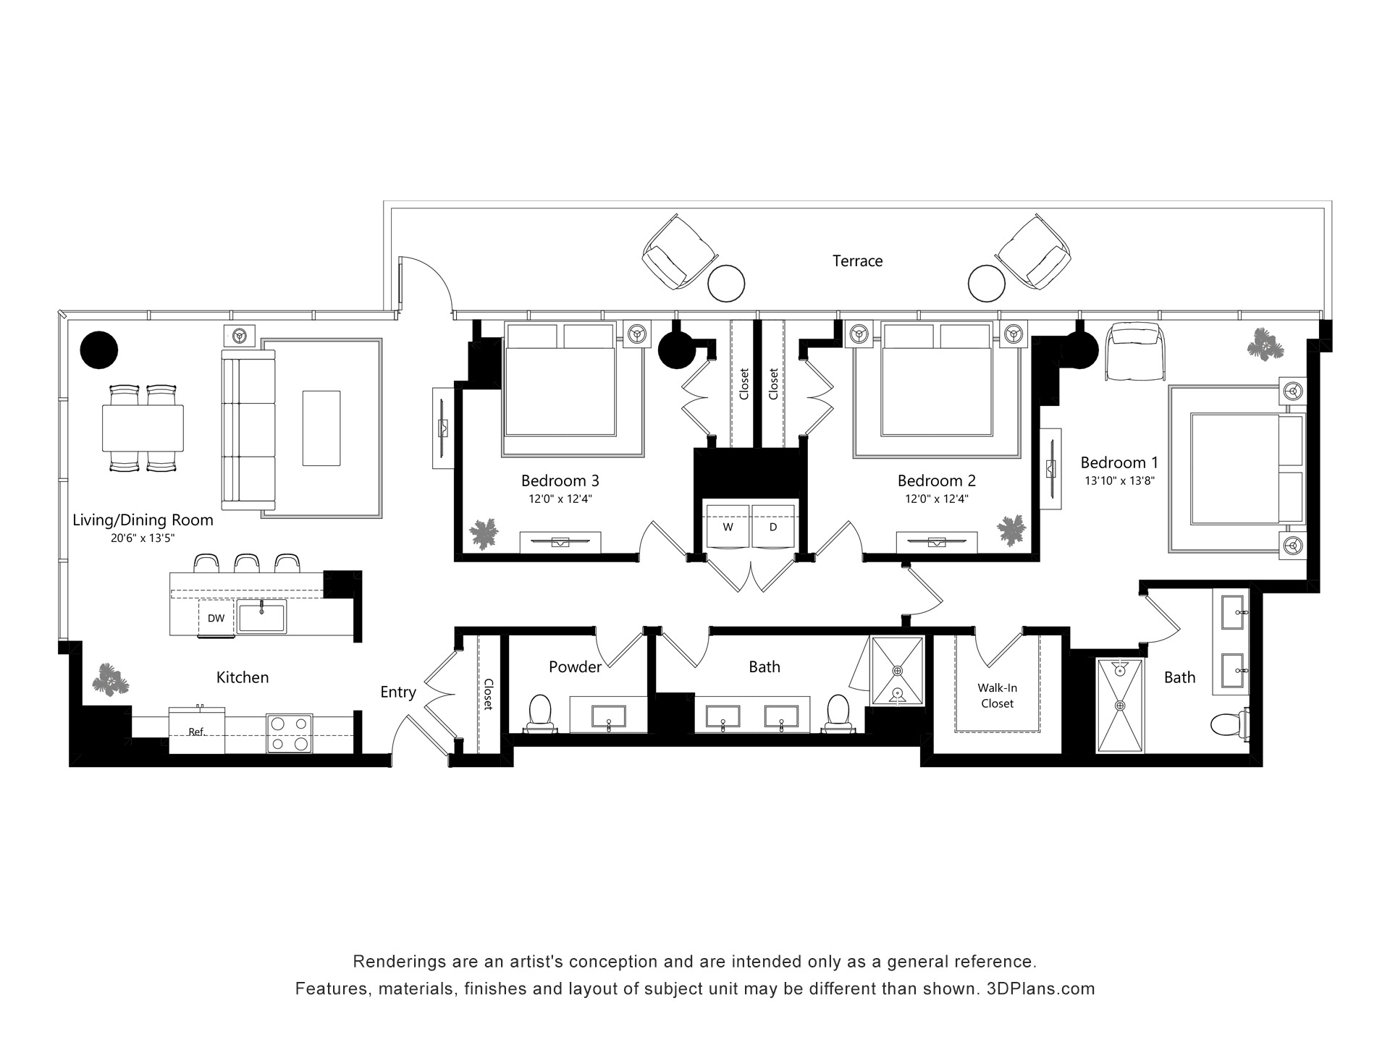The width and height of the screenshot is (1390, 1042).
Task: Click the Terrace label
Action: (857, 260)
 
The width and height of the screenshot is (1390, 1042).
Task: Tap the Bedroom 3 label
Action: (560, 480)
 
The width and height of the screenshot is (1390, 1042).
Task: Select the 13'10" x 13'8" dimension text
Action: (1119, 480)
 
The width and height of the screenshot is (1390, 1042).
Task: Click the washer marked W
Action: (728, 526)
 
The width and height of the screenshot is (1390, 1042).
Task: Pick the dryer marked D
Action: (773, 526)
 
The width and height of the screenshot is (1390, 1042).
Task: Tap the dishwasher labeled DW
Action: (216, 619)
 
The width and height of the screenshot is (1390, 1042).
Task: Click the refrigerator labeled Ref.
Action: (196, 731)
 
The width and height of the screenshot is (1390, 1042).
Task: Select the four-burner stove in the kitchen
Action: (290, 734)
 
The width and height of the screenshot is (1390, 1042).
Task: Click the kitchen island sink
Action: (261, 617)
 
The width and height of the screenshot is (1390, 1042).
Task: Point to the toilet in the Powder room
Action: (539, 712)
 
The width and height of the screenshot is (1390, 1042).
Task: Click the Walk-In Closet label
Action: (997, 695)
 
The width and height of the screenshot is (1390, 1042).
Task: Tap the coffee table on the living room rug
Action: (321, 428)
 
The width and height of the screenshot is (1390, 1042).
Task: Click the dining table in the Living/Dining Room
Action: (143, 428)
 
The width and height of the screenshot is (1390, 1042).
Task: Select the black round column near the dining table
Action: (98, 350)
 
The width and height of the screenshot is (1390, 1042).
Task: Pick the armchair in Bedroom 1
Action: (1136, 351)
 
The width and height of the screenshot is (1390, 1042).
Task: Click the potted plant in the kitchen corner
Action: (111, 679)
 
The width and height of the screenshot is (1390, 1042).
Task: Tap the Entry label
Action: (398, 692)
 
